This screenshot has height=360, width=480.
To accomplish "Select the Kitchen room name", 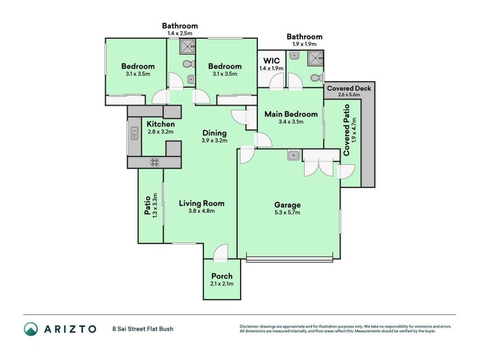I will click(x=160, y=124).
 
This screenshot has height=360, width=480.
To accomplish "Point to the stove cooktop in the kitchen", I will click(x=154, y=161).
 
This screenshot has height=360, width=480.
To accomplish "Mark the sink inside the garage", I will click(x=293, y=155).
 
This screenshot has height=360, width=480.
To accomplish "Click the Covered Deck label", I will click(x=349, y=88).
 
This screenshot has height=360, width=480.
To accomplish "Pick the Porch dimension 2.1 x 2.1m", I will click(x=221, y=284).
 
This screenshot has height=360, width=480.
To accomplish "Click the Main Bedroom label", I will click(x=290, y=114).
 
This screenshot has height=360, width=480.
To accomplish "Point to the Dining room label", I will click(x=214, y=133).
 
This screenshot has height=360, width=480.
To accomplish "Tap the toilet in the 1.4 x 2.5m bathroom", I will click(x=187, y=64).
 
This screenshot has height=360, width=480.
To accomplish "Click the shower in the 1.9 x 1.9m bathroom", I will click(x=314, y=58).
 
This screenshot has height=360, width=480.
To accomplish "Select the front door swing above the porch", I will click(x=220, y=253).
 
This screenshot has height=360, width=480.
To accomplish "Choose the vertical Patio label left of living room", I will click(x=147, y=205).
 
